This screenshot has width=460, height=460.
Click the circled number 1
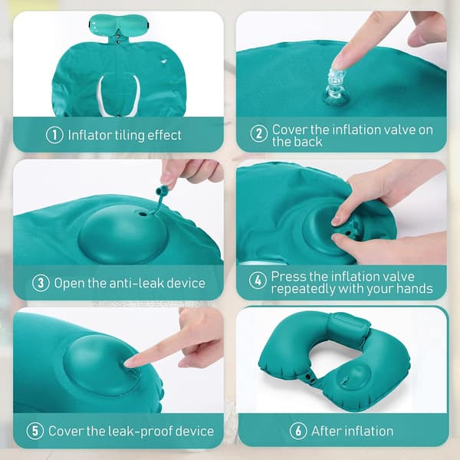[x=54, y=135]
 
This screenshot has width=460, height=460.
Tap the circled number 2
[x=259, y=133]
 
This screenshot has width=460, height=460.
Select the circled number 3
[x=41, y=283]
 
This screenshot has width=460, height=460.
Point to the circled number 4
[x=258, y=281]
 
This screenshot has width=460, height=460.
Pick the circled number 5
[x=35, y=431]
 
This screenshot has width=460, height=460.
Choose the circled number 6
[x=298, y=431]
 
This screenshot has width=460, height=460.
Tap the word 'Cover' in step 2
[x=290, y=130]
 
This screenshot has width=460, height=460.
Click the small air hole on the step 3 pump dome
[x=143, y=215]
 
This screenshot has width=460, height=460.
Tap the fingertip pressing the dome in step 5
[x=130, y=363]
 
